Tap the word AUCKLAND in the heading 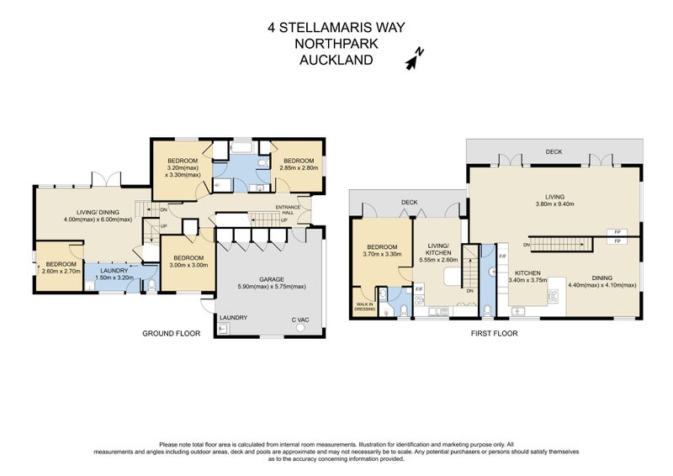coord(336,60)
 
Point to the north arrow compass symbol coord(414,57)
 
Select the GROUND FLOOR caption coord(171,334)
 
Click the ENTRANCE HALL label coord(289,210)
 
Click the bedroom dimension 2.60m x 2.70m coord(61,272)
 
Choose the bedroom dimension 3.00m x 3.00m coord(183,266)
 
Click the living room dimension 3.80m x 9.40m coord(553,203)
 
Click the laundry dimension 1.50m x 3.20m coord(114,278)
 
